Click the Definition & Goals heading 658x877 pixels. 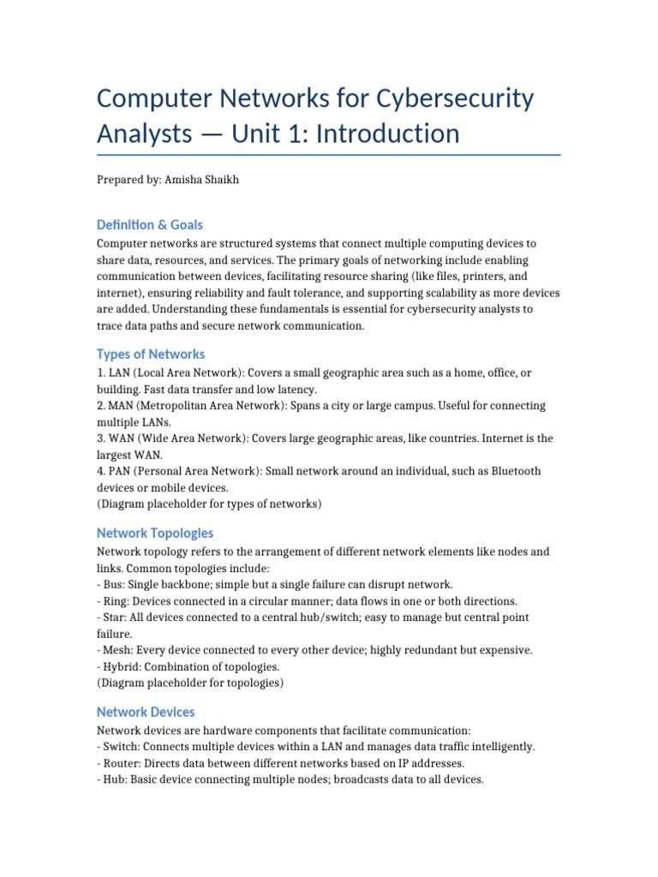pyautogui.click(x=150, y=224)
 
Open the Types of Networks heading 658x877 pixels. pyautogui.click(x=151, y=354)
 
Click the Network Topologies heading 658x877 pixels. pyautogui.click(x=155, y=533)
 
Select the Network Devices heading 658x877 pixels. pyautogui.click(x=146, y=712)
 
